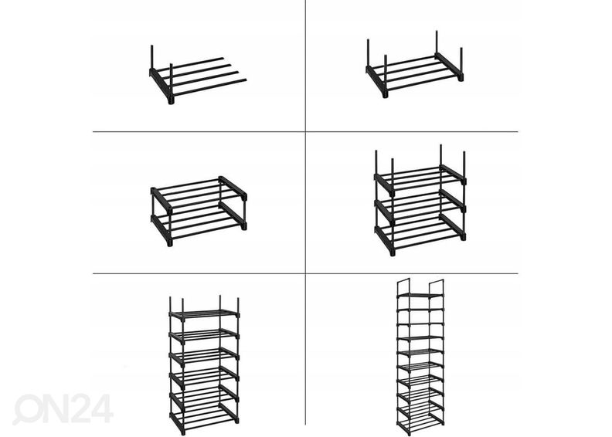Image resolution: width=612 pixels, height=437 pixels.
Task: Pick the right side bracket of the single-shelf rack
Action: click(x=450, y=66)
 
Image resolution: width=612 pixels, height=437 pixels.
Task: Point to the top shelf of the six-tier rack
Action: click(x=205, y=313)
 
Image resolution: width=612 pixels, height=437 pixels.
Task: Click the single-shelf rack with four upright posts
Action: click(x=414, y=69)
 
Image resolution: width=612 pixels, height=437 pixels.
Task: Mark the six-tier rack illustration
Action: click(x=205, y=363)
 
